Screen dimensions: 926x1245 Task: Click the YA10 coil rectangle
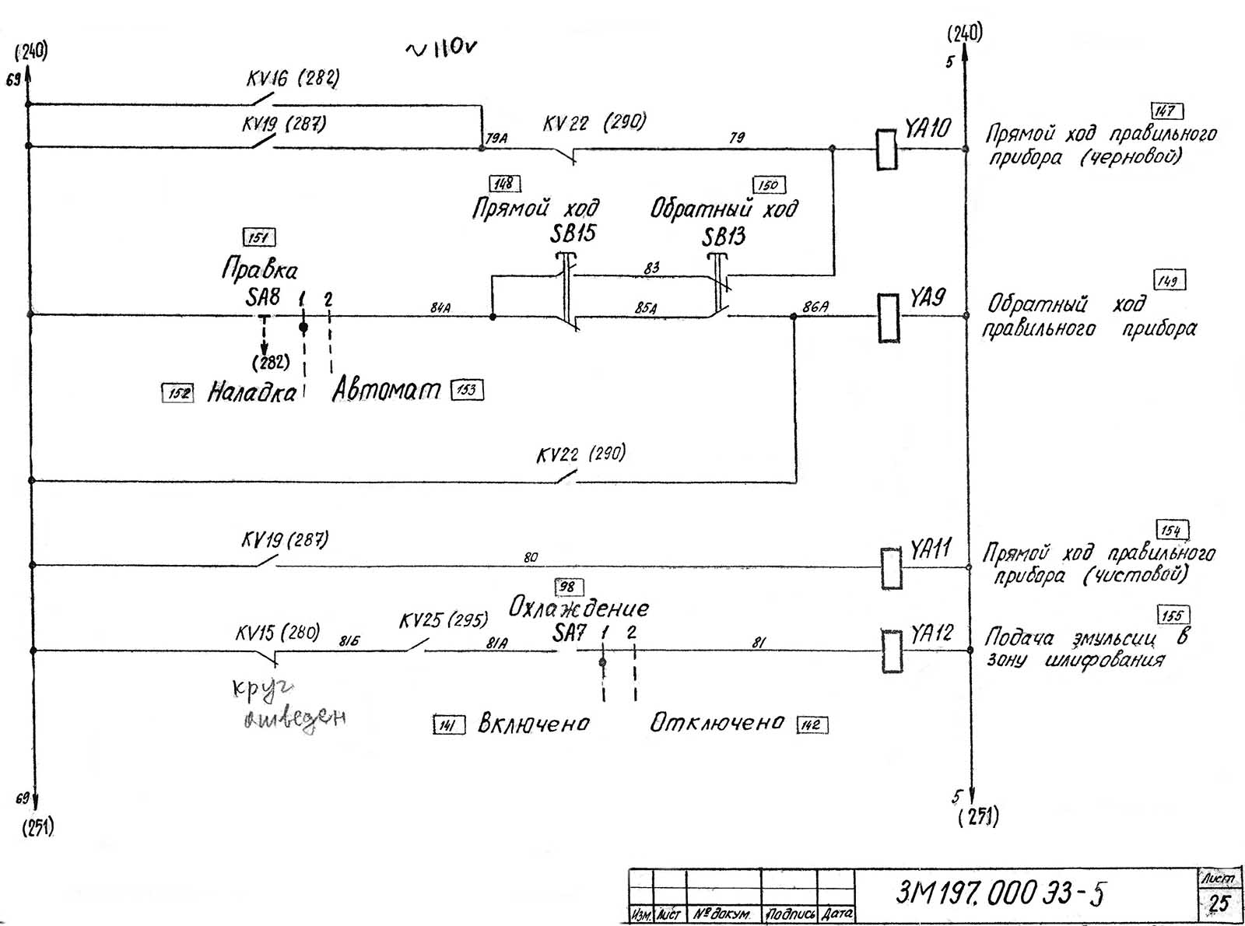[886, 149]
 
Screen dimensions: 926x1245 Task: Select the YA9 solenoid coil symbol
[889, 317]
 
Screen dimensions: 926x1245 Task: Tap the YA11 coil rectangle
[891, 568]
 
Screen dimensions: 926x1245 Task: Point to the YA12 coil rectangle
[892, 651]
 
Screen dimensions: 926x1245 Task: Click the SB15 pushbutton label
[573, 233]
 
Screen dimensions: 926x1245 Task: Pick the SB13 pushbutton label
[724, 237]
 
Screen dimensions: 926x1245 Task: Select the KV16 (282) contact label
[293, 79]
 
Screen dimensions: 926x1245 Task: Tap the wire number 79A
[496, 139]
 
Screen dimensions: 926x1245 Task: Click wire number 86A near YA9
[815, 307]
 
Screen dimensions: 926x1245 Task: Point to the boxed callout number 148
[504, 184]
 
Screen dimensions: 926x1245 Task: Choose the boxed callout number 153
[467, 389]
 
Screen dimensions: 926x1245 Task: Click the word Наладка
[251, 393]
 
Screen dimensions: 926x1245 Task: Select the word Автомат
[386, 389]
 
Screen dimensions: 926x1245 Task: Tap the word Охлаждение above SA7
[578, 608]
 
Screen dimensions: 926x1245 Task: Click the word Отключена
[717, 723]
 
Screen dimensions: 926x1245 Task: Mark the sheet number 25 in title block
[1219, 903]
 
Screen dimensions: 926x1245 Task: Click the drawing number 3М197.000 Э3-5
[1000, 893]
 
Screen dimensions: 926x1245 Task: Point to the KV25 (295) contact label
[444, 620]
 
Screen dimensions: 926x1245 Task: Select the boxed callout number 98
[569, 587]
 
